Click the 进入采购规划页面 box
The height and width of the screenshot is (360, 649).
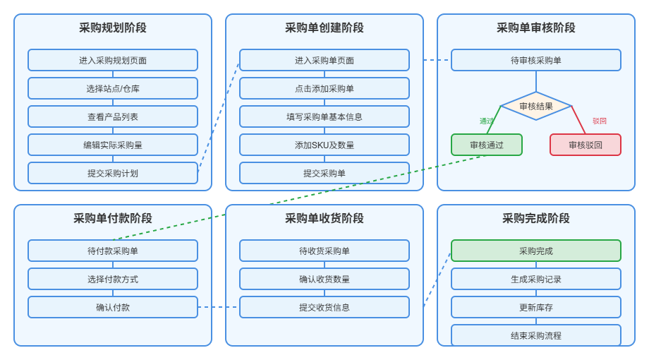pos(113,60)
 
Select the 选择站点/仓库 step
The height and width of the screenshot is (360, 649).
pos(113,88)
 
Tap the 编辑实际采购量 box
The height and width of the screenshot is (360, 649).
pos(113,145)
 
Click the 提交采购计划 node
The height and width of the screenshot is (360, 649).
pos(113,173)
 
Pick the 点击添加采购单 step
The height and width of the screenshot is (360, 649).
pos(324,88)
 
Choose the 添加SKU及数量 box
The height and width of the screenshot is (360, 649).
pos(324,145)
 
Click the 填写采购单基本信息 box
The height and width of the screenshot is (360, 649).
pos(324,116)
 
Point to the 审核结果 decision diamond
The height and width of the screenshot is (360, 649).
pos(536,106)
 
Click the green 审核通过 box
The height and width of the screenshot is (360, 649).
pos(487,145)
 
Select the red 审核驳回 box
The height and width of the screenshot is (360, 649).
pos(586,145)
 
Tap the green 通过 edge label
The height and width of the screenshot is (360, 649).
pos(487,121)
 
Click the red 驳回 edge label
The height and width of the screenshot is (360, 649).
pos(600,121)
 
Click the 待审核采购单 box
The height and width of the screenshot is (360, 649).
pos(536,60)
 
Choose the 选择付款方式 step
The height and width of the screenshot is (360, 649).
pos(113,279)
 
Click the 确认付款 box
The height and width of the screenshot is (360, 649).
pos(113,307)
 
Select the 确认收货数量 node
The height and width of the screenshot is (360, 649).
pos(324,279)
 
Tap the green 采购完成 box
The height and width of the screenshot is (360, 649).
pos(536,251)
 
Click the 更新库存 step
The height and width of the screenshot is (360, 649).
pos(536,307)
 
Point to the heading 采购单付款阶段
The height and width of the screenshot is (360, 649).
pos(113,218)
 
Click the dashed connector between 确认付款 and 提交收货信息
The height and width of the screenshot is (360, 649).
pos(219,307)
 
